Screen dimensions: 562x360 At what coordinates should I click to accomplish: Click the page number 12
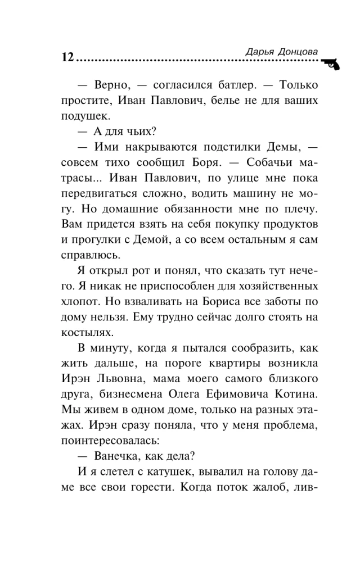click(66, 58)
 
